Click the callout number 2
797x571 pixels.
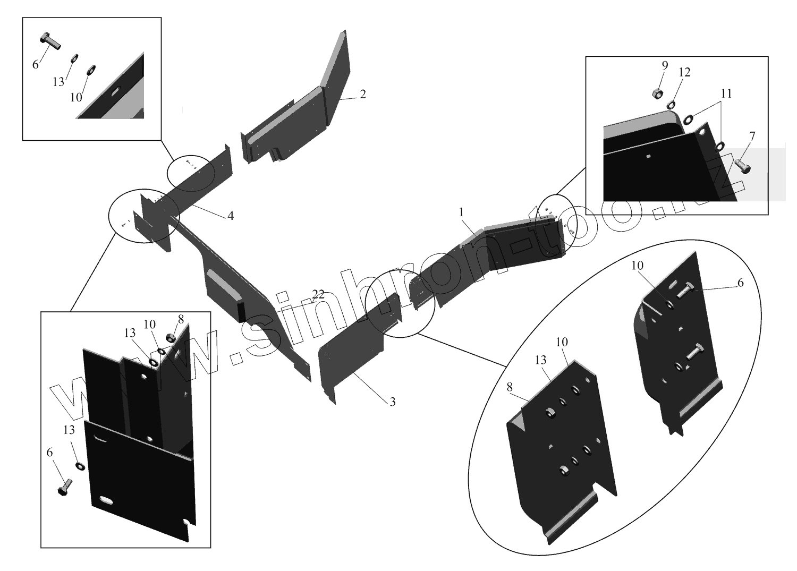point(362,94)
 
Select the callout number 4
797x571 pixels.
point(230,216)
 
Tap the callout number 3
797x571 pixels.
point(392,402)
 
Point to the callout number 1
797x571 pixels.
point(462,212)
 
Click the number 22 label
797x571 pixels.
point(318,294)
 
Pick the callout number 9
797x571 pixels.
point(664,65)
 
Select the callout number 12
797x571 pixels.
point(684,72)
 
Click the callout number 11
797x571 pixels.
point(726,93)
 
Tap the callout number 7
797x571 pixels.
point(751,136)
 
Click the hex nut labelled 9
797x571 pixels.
point(656,94)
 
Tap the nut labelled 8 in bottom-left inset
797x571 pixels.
point(171,337)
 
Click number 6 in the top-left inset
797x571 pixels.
point(36,65)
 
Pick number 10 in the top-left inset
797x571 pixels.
point(76,97)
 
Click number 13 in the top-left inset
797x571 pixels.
point(58,82)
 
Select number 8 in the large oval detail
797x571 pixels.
point(510,388)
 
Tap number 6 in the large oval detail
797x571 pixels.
point(740,283)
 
